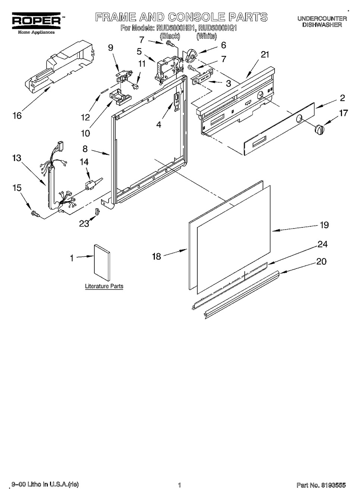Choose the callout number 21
pyautogui.click(x=265, y=55)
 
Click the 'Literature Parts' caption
pyautogui.click(x=104, y=286)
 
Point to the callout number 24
pyautogui.click(x=322, y=244)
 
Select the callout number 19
pyautogui.click(x=324, y=225)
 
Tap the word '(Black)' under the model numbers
pyautogui.click(x=170, y=36)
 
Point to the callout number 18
pyautogui.click(x=156, y=256)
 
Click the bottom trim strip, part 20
pyautogui.click(x=242, y=294)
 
